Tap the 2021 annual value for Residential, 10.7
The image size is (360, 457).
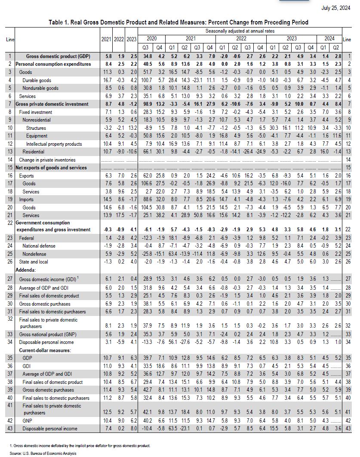(x=106, y=152)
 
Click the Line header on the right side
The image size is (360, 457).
(x=347, y=40)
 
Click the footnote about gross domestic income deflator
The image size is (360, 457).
(x=80, y=445)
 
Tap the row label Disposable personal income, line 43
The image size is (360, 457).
(x=50, y=429)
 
